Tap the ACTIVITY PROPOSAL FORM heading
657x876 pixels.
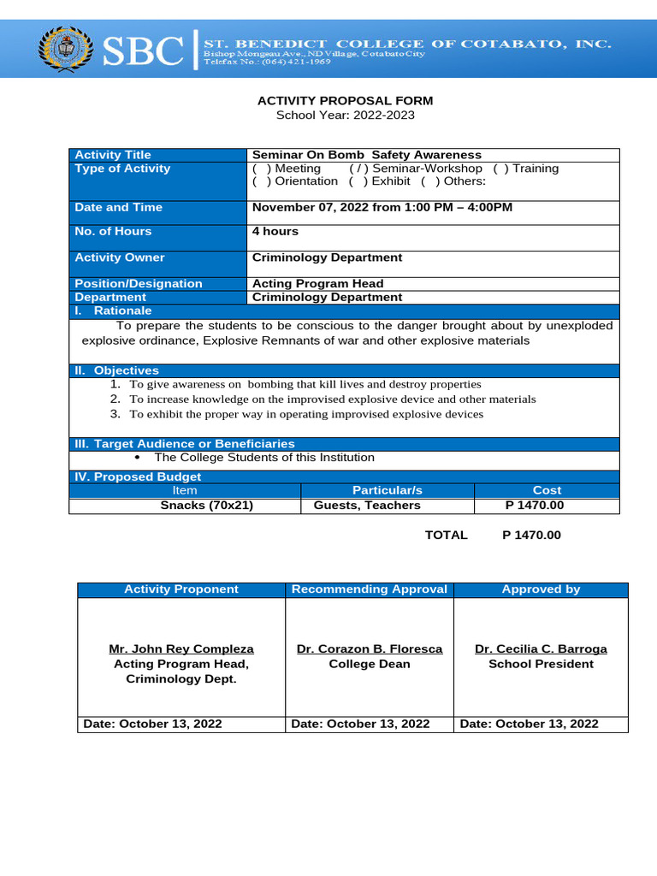(x=346, y=101)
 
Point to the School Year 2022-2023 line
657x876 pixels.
(x=346, y=115)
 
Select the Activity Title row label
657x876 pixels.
(x=113, y=155)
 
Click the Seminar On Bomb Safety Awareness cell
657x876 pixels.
(x=367, y=155)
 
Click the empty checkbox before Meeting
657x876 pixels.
(x=262, y=169)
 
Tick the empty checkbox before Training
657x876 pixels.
(x=500, y=169)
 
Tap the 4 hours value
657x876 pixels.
(x=275, y=231)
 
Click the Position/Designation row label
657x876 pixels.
(x=139, y=283)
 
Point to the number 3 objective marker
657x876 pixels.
(x=115, y=414)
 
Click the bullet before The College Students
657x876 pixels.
(x=138, y=458)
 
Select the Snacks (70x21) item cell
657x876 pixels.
(x=207, y=505)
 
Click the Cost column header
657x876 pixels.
(x=547, y=490)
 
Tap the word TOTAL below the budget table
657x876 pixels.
(x=447, y=535)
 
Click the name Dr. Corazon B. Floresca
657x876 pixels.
(x=370, y=649)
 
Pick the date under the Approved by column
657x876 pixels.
(x=529, y=724)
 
